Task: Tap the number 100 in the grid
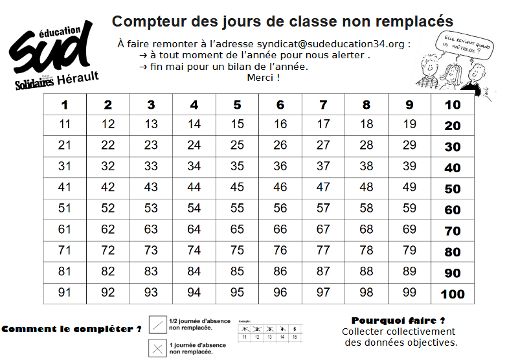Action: (x=453, y=294)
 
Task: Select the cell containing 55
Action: (x=237, y=188)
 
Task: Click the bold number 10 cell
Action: (x=453, y=105)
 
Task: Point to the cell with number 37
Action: (x=323, y=167)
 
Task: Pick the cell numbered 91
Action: (x=65, y=293)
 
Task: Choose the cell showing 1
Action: (x=65, y=105)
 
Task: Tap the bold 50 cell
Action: (x=453, y=189)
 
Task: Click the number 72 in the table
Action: (x=108, y=251)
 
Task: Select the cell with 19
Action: (x=409, y=125)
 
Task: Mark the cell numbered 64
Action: (x=194, y=230)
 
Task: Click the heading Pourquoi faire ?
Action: (x=398, y=321)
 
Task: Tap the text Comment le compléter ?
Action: (x=71, y=329)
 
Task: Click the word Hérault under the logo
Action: (x=78, y=77)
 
